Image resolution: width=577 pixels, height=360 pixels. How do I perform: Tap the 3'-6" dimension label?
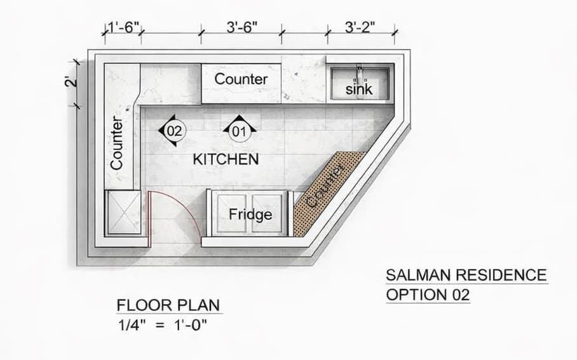(x=241, y=27)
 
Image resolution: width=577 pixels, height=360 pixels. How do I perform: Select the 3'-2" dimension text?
(x=360, y=27)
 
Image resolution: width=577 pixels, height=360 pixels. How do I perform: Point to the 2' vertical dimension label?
(x=71, y=81)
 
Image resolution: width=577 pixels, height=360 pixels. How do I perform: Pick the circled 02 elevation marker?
(x=173, y=130)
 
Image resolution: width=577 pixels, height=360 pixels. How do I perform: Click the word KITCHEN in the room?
(x=226, y=159)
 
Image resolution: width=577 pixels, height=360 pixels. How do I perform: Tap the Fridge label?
(x=250, y=214)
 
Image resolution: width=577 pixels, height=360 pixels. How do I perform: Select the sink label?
(x=359, y=89)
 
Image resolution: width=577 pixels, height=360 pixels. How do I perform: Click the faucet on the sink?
(x=360, y=73)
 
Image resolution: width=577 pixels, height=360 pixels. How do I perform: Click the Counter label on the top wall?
(x=241, y=79)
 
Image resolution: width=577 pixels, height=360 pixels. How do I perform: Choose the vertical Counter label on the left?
(x=116, y=143)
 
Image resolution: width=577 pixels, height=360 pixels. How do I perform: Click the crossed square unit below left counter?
(x=123, y=212)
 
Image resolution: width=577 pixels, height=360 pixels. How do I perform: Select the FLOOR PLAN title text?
(x=168, y=305)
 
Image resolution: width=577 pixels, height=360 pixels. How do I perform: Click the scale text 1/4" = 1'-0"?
(x=162, y=325)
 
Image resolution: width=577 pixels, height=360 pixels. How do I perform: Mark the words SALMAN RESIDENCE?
(x=466, y=275)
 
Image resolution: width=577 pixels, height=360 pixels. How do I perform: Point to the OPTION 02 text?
(x=428, y=295)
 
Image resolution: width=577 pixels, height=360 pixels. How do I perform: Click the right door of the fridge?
(x=268, y=214)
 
